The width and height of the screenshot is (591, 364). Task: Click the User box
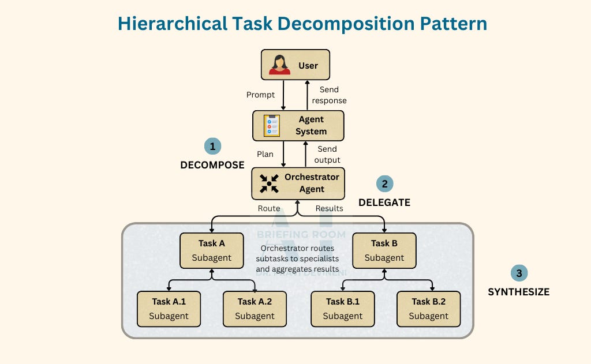tap(295, 65)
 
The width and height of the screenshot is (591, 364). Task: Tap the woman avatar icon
tap(279, 65)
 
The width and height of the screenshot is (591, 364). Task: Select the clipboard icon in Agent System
tap(271, 126)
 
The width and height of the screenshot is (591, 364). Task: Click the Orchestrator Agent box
tap(298, 183)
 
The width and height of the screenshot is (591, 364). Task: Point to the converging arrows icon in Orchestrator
tap(268, 183)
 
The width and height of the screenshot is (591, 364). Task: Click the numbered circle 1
tap(212, 147)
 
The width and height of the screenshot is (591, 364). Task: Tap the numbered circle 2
tap(384, 184)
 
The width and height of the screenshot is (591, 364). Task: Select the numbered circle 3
tap(519, 273)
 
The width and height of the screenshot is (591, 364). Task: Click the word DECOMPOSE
tap(212, 165)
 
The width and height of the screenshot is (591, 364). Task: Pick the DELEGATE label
tap(384, 202)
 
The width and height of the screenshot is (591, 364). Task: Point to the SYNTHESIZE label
tap(519, 292)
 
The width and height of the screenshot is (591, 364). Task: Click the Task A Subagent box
tap(211, 250)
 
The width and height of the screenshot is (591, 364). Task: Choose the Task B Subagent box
tap(384, 250)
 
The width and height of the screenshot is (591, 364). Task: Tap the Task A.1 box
tap(169, 309)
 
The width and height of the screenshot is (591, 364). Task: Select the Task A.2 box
tap(255, 309)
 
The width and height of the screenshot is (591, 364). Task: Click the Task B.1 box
tap(342, 309)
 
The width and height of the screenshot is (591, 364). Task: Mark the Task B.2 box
tap(428, 309)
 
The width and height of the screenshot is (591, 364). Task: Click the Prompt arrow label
tap(260, 95)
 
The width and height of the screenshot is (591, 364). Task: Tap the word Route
tap(269, 208)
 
